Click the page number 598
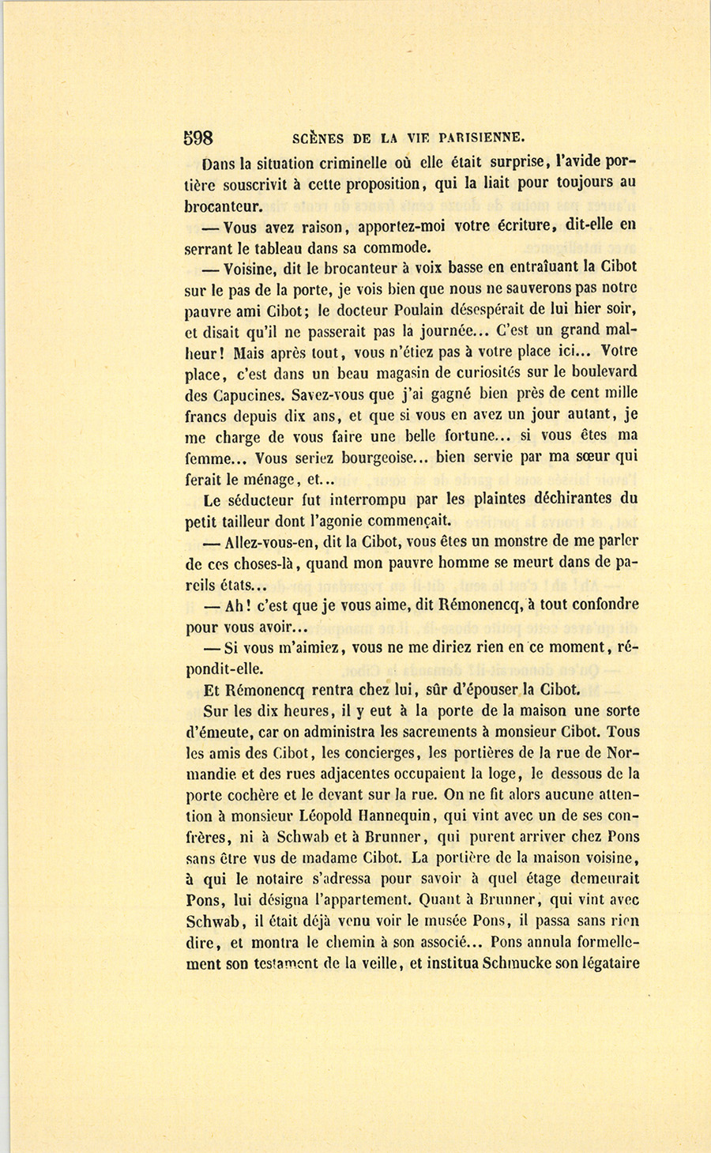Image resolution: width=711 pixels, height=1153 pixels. pyautogui.click(x=198, y=138)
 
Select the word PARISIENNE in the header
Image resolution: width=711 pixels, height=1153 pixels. pyautogui.click(x=472, y=138)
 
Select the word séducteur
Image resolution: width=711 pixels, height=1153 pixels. pyautogui.click(x=265, y=500)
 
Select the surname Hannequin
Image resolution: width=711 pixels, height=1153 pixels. pyautogui.click(x=399, y=816)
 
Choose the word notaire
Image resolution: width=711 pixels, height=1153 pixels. pyautogui.click(x=284, y=879)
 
